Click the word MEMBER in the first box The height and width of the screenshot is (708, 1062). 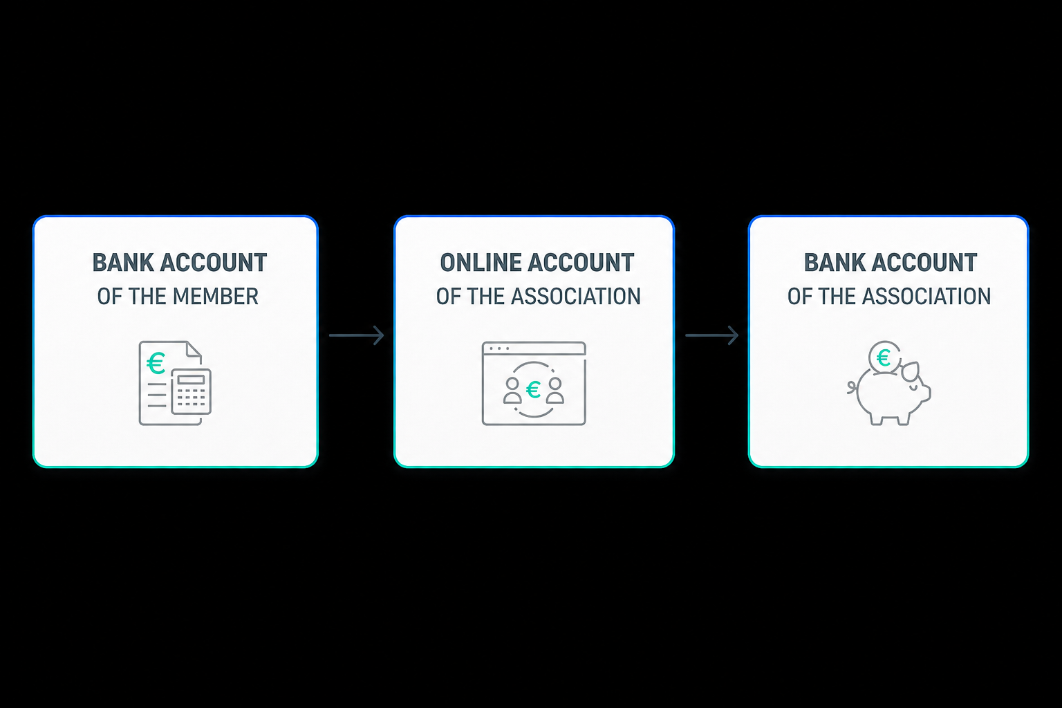click(215, 297)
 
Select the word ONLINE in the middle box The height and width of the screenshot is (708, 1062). click(481, 263)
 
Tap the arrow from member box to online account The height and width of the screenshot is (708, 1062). click(356, 335)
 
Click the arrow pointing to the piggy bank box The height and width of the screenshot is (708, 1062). click(711, 335)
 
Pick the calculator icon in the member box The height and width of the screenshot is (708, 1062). click(191, 392)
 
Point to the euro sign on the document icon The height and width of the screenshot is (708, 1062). click(156, 363)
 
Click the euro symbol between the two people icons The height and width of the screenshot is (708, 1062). click(533, 390)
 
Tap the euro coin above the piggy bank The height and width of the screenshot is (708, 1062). click(884, 357)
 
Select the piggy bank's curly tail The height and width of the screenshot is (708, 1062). click(853, 387)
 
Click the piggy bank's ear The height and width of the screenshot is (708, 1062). click(911, 371)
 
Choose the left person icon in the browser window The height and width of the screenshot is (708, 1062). click(512, 390)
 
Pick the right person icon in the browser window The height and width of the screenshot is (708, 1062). click(555, 390)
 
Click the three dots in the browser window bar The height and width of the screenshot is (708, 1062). click(499, 348)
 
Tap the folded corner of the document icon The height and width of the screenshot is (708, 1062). click(194, 349)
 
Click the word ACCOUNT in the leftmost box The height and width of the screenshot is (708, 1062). click(214, 263)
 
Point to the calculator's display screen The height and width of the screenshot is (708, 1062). click(191, 380)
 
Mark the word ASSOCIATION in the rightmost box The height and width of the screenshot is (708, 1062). click(926, 297)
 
